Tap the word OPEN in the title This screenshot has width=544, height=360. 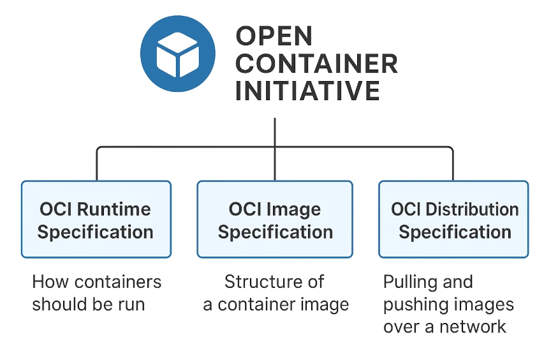[x=274, y=36]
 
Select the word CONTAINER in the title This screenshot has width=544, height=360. [x=316, y=64]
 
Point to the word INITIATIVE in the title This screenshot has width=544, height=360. [x=307, y=91]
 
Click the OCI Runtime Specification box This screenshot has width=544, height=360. [x=96, y=219]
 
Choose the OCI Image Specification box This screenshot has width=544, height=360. [x=275, y=219]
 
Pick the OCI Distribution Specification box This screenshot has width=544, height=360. [x=453, y=219]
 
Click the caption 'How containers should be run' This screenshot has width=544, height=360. [x=96, y=293]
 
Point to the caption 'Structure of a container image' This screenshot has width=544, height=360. [x=276, y=293]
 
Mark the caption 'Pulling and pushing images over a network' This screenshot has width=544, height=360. [x=448, y=304]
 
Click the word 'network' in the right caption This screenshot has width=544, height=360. [x=475, y=327]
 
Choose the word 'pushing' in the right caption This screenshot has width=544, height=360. [x=415, y=304]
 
